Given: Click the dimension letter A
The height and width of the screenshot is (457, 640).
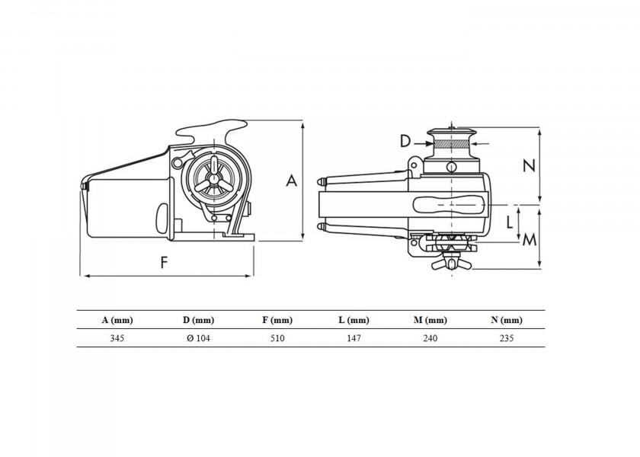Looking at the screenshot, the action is (x=291, y=181).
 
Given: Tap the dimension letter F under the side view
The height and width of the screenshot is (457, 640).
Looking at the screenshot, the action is (x=164, y=262).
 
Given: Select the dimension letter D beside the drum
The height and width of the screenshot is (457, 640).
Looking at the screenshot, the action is (x=405, y=141).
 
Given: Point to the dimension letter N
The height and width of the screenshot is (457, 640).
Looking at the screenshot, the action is (x=529, y=165).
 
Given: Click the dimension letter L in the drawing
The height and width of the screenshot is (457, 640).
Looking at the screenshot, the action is (x=510, y=222).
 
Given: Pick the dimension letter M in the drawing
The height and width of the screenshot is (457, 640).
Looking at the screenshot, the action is (x=530, y=240).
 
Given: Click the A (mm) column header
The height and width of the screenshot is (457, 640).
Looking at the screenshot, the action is (x=117, y=321).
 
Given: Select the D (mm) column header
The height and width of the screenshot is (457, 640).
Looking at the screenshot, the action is (x=198, y=321).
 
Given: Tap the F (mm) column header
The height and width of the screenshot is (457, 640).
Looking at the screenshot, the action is (x=277, y=321).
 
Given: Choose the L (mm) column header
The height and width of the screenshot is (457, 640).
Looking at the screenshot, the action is (x=354, y=321).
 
